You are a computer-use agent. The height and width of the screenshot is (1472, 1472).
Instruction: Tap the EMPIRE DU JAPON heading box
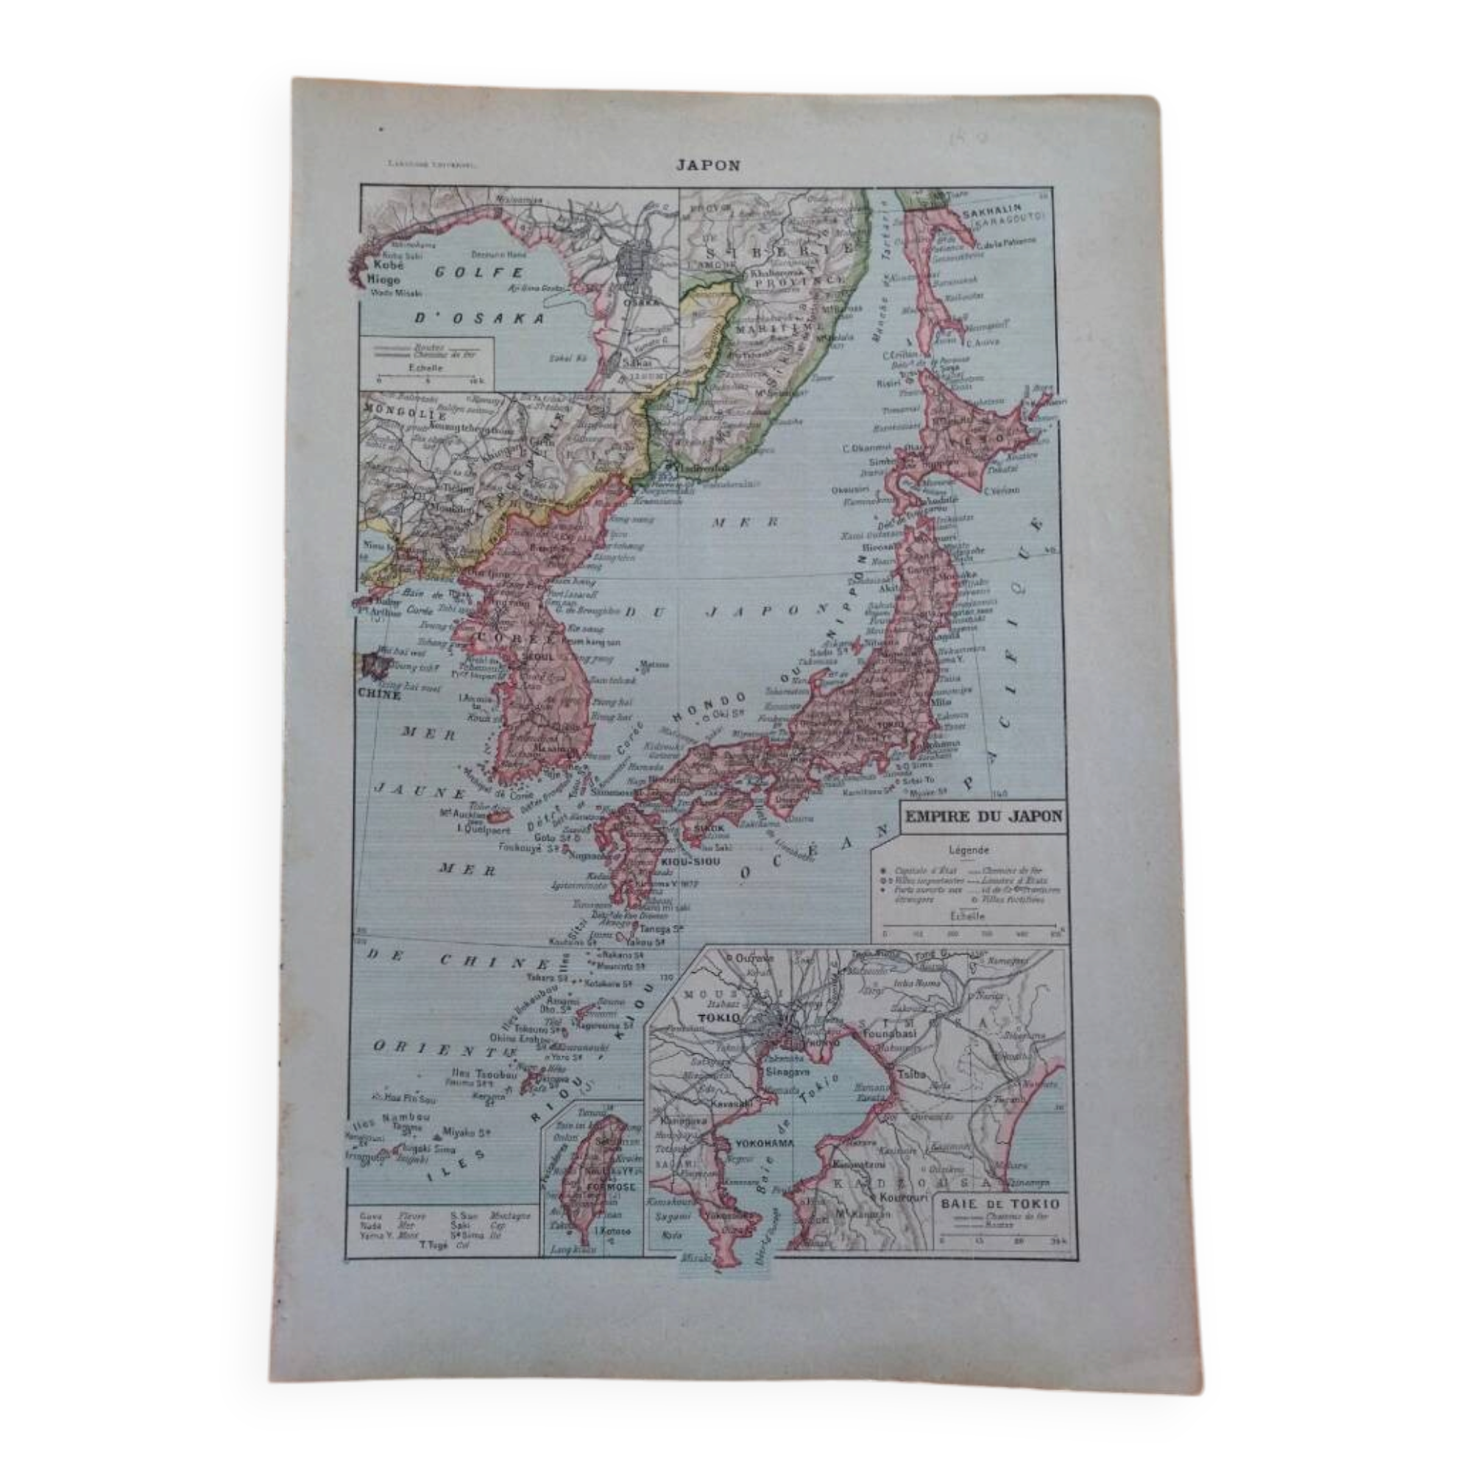(982, 816)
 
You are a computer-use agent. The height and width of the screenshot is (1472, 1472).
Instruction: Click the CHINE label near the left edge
(378, 694)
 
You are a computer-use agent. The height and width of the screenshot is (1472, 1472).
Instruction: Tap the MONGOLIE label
(394, 415)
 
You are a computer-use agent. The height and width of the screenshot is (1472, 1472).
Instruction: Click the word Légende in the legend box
(969, 850)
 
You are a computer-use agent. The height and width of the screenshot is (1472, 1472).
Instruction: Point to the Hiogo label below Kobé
(384, 280)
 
